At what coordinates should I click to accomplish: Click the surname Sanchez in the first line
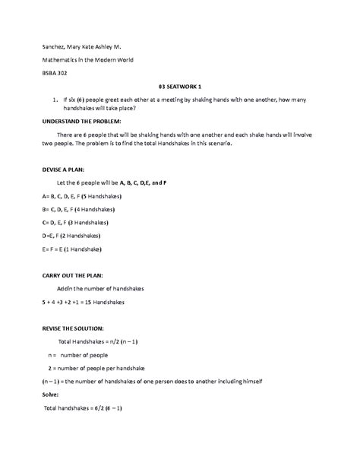point(56,45)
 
